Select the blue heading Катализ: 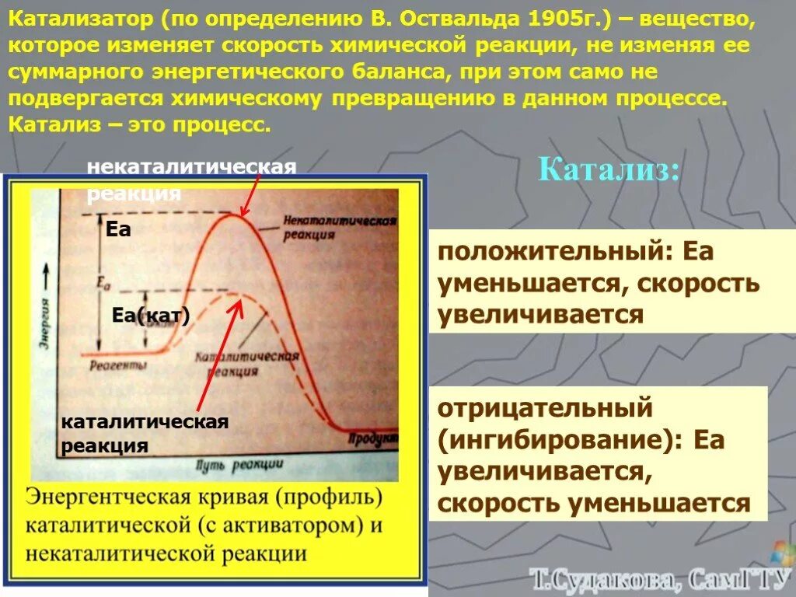click(x=609, y=169)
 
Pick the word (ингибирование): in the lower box click(x=557, y=440)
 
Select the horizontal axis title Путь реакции click(x=239, y=465)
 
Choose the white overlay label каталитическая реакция click(x=144, y=434)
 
